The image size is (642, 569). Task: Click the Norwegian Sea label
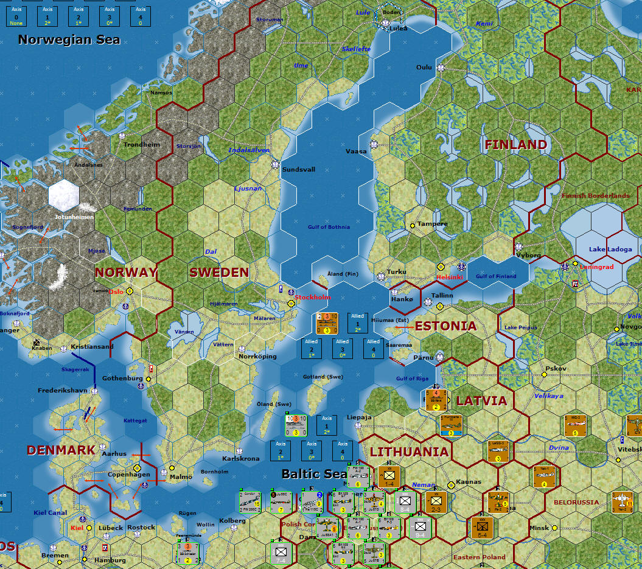[69, 40]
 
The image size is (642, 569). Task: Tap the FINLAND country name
[515, 145]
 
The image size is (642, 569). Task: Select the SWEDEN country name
[219, 273]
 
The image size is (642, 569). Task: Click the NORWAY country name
[126, 273]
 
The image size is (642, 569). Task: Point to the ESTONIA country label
[445, 326]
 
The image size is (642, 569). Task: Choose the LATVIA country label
[481, 401]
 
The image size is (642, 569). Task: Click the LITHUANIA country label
[409, 452]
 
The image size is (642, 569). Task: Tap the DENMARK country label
[61, 450]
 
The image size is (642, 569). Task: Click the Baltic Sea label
[314, 473]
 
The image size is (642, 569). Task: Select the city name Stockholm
[313, 297]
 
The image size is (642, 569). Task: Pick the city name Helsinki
[450, 277]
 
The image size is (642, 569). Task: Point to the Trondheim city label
[142, 145]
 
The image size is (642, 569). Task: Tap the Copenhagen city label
[128, 475]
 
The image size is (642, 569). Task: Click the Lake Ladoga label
[610, 250]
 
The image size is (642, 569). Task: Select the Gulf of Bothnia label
[329, 227]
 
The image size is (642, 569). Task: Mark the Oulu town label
[425, 68]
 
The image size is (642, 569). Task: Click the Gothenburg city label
[122, 379]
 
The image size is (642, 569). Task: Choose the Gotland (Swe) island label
[323, 377]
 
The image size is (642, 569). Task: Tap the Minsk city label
[539, 528]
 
